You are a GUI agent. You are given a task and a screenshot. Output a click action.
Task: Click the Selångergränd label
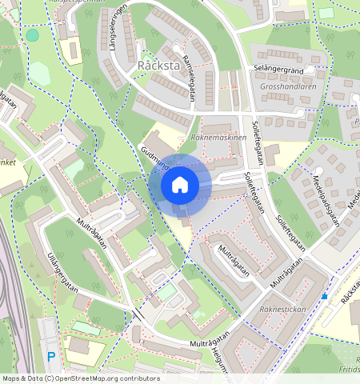pyautogui.click(x=278, y=70)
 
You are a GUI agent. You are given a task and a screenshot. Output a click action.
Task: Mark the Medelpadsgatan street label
pyautogui.click(x=326, y=199)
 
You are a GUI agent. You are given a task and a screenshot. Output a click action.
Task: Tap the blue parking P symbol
pyautogui.click(x=51, y=356)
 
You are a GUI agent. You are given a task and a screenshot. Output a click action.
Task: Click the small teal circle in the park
pyautogui.click(x=32, y=35)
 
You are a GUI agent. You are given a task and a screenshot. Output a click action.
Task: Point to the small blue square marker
pyautogui.click(x=325, y=297)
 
